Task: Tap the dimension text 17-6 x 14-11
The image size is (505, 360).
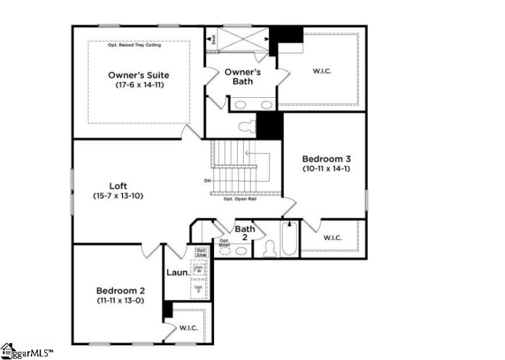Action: (139, 85)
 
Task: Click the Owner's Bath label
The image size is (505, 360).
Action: (247, 77)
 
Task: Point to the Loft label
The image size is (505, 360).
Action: (118, 186)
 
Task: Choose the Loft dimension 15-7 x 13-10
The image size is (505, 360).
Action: (118, 196)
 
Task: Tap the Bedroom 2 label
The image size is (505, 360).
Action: (121, 291)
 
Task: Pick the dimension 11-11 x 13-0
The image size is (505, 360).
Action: (121, 301)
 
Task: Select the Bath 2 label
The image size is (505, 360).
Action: (245, 234)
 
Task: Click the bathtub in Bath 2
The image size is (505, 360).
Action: (288, 239)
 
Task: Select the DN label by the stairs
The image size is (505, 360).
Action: (208, 181)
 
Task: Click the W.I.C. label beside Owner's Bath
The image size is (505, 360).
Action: (322, 71)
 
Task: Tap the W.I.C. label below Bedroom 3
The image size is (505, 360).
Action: (333, 238)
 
